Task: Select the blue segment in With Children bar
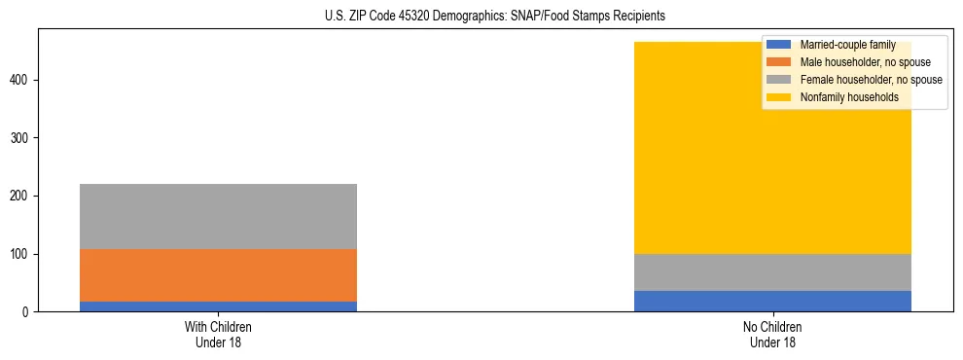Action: tap(218, 306)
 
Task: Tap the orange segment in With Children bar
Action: tap(218, 275)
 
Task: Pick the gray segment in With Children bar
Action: tap(218, 216)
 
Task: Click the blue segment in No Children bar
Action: tap(772, 301)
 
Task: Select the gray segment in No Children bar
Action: tap(772, 272)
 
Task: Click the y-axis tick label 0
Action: tap(27, 312)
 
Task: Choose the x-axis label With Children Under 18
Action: tap(218, 334)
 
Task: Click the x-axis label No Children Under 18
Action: tap(772, 334)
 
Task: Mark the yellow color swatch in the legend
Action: tap(779, 97)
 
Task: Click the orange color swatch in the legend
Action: tap(779, 62)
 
